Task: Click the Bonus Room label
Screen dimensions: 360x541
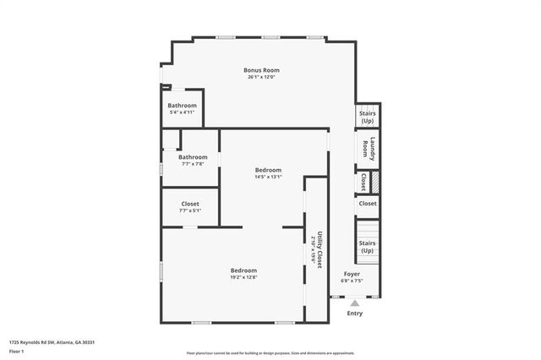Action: (x=261, y=70)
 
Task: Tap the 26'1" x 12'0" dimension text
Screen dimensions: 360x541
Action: (x=261, y=78)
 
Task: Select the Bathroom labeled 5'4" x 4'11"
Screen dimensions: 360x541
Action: (x=182, y=106)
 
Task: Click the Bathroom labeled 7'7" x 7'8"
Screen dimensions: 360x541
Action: (x=192, y=157)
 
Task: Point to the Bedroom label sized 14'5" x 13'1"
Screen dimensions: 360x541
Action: (x=268, y=170)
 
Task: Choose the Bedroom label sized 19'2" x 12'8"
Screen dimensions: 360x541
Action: (x=243, y=270)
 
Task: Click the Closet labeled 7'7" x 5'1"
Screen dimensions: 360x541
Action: (x=190, y=204)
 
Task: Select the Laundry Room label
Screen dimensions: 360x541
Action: (x=367, y=149)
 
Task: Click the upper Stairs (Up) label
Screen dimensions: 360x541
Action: (x=367, y=117)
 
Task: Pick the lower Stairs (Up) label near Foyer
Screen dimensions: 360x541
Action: (x=367, y=247)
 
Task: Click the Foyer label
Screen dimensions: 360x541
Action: (x=351, y=274)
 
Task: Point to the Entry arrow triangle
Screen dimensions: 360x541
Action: (x=355, y=303)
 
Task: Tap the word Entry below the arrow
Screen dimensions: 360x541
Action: (x=355, y=313)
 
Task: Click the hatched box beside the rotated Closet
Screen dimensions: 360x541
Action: (x=375, y=182)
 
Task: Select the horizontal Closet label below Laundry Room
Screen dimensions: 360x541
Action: (x=367, y=204)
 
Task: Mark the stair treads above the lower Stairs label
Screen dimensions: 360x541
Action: (x=367, y=227)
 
